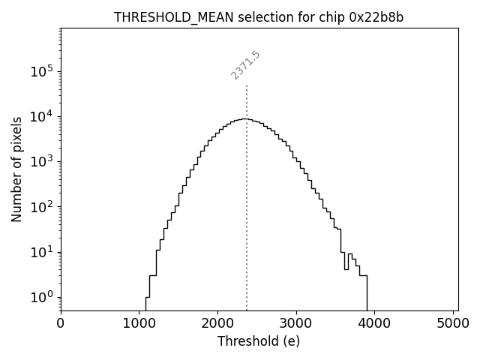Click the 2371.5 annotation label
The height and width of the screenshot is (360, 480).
245,65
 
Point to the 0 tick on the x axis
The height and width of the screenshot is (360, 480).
61,323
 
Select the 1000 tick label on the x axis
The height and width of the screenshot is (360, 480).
139,323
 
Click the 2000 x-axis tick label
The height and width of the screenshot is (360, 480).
217,323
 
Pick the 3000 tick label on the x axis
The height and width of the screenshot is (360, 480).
296,323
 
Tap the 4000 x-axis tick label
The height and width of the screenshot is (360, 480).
375,323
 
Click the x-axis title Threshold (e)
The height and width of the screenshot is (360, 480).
259,341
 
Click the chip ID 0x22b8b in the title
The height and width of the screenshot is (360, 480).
376,18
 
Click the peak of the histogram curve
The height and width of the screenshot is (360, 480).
243,118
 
